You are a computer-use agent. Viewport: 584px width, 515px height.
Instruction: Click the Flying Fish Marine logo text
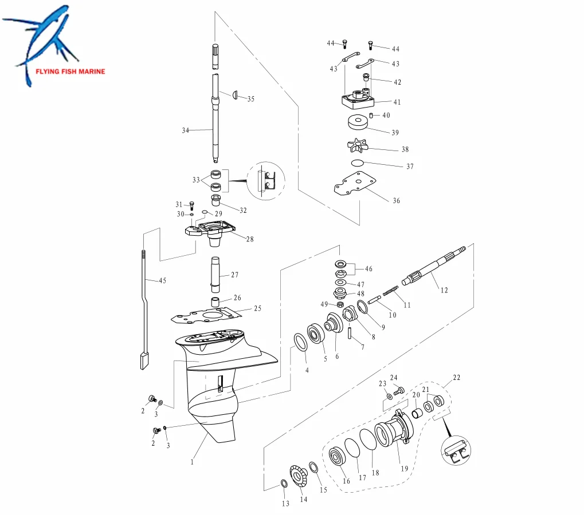(70, 72)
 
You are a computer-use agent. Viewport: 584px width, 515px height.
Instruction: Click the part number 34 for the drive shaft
(185, 131)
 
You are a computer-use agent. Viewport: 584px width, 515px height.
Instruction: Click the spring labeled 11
(391, 292)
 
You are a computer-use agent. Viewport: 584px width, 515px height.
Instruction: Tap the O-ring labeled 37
(358, 164)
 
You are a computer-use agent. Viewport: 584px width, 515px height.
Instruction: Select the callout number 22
(456, 378)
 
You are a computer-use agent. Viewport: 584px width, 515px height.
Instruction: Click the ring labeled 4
(299, 343)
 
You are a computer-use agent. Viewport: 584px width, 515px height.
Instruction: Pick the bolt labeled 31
(191, 205)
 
